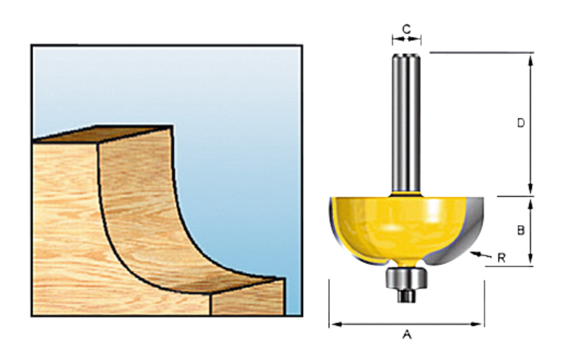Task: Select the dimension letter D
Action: [x=520, y=123]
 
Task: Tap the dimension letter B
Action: [x=520, y=230]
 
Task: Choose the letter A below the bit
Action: [x=407, y=335]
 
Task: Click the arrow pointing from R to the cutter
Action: [x=479, y=255]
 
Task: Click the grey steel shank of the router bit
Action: [x=406, y=121]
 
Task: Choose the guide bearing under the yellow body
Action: [x=406, y=277]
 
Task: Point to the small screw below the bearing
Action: [x=407, y=296]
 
